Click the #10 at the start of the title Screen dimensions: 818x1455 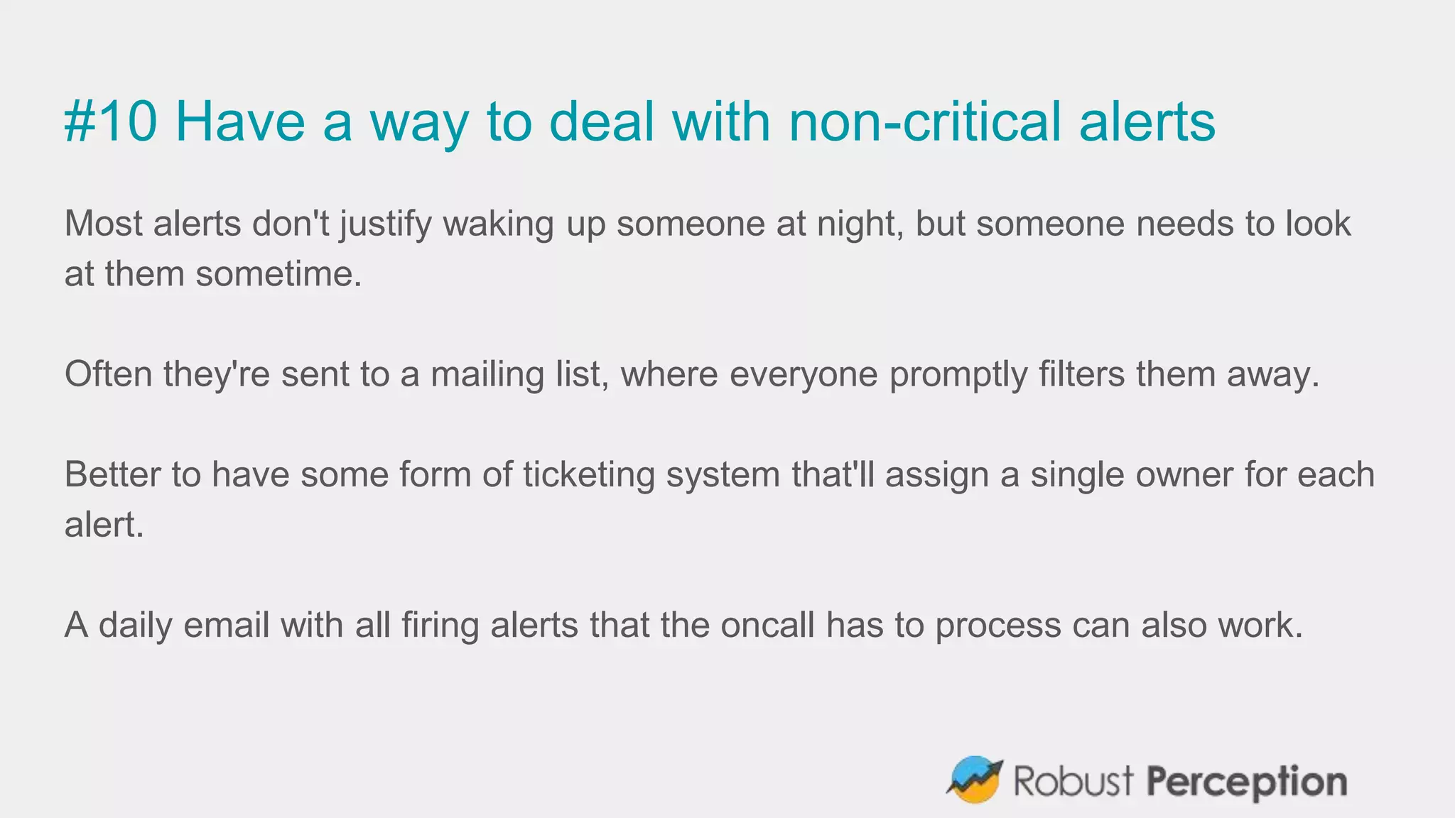click(111, 121)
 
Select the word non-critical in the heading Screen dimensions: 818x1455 click(924, 121)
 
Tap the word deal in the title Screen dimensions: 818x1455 click(601, 121)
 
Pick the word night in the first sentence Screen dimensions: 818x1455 click(860, 224)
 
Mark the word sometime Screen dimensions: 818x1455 click(278, 275)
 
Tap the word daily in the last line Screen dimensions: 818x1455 click(135, 626)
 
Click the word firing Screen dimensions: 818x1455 click(440, 626)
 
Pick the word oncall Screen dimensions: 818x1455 click(767, 626)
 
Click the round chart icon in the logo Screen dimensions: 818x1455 click(974, 780)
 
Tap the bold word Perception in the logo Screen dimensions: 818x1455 click(1247, 782)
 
